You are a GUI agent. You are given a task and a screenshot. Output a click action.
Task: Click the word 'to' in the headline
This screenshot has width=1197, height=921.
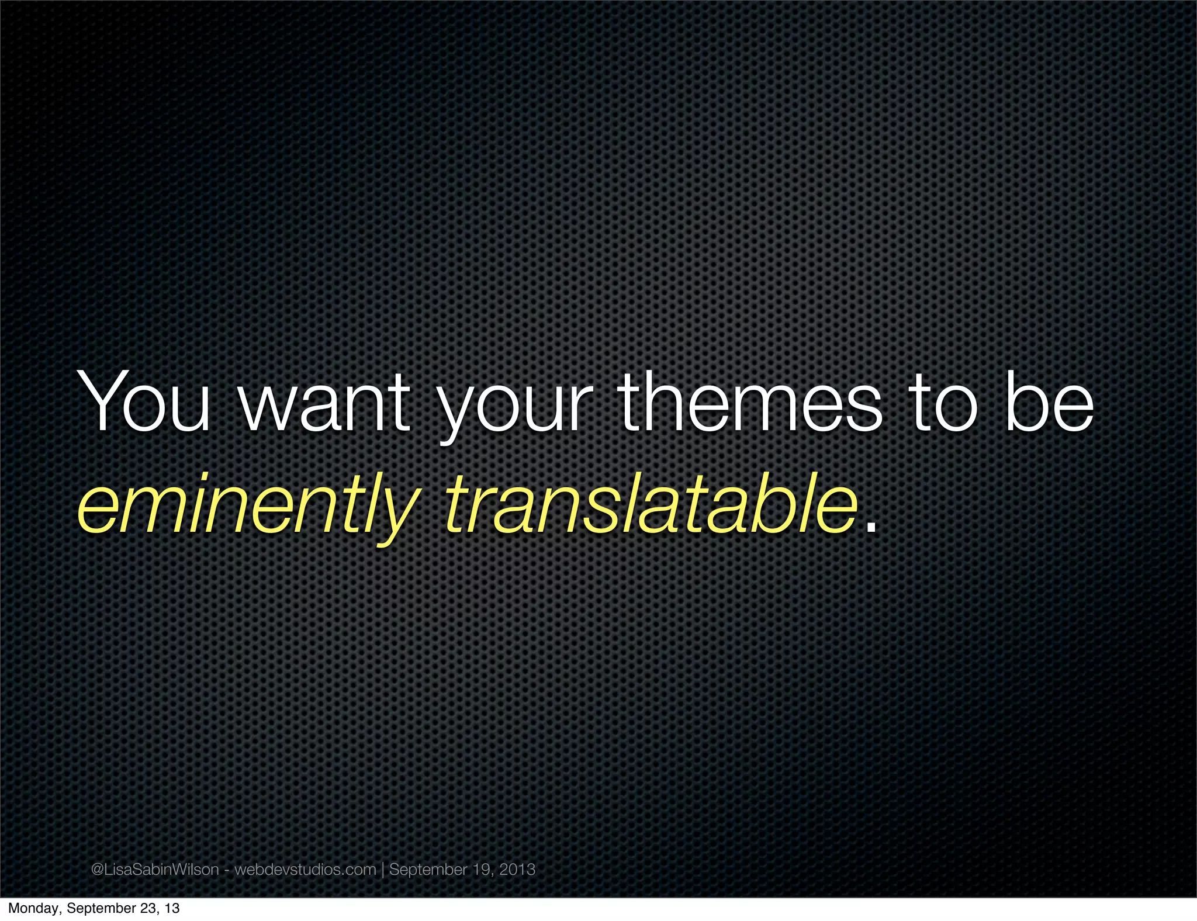click(945, 403)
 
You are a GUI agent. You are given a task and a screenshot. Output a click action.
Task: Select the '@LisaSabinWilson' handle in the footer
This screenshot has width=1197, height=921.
click(155, 870)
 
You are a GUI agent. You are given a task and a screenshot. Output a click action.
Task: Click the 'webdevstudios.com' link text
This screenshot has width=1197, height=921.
click(305, 870)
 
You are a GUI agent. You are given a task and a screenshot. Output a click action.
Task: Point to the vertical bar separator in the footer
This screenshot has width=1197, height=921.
click(383, 870)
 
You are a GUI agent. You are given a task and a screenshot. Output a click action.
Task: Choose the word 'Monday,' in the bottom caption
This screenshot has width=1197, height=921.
click(34, 908)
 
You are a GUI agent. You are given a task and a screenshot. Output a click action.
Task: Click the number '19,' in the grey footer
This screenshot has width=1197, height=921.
click(483, 870)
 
